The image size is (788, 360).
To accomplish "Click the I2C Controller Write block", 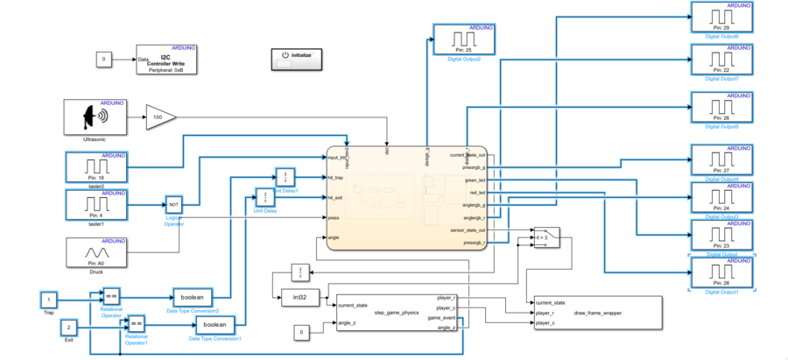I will [x=166, y=58].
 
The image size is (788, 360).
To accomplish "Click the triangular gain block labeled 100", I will [x=159, y=116].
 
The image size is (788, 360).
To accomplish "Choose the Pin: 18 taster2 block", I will [x=96, y=166].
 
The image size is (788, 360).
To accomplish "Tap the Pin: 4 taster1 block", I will [x=96, y=205].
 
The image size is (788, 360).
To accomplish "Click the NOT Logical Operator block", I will [x=172, y=204].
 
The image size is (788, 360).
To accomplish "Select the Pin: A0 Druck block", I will [x=96, y=252].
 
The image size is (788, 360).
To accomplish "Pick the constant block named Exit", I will [x=70, y=327].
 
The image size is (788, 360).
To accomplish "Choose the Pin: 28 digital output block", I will [x=721, y=272].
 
